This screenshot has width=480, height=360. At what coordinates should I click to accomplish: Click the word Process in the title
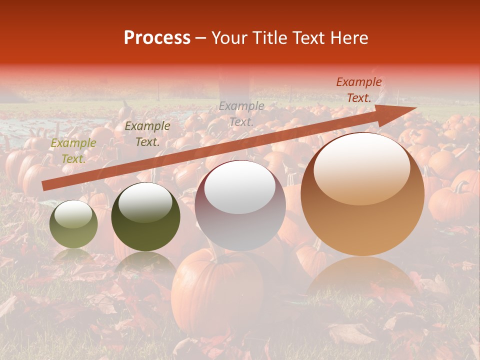coord(157,38)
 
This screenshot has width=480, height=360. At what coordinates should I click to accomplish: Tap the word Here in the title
coord(349,38)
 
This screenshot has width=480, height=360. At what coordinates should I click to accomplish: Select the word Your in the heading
coord(229,38)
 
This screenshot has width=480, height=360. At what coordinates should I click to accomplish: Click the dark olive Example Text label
coord(147,134)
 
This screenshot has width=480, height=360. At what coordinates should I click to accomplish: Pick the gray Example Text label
coord(241,113)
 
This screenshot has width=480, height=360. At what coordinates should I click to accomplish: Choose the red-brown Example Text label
coord(358,90)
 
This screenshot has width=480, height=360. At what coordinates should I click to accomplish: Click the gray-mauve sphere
coord(240,220)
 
